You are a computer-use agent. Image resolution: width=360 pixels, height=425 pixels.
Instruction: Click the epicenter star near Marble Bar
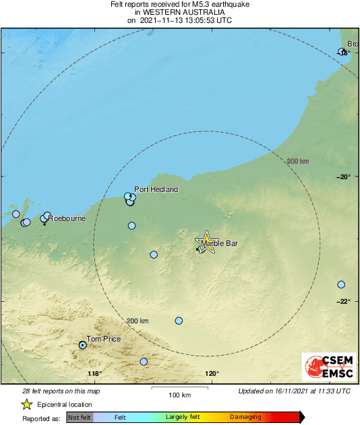pos(206,243)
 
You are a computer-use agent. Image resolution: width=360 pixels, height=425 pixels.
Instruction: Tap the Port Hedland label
pos(156,189)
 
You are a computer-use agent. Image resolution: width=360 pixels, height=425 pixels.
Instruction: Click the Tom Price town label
pos(103,339)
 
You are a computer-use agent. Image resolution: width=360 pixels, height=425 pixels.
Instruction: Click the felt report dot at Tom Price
pos(83,345)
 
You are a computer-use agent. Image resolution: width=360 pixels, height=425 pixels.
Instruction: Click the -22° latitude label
pos(344,301)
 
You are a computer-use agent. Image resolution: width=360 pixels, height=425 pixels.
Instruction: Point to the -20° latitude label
pos(344,176)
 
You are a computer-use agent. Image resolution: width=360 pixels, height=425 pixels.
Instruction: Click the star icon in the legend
pos(26,405)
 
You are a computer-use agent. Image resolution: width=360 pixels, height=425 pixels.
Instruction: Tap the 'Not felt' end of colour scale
pos(80,418)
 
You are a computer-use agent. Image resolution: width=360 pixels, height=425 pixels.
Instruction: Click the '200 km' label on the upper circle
pos(297,161)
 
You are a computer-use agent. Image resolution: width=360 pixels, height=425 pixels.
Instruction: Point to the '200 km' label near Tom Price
pos(137,321)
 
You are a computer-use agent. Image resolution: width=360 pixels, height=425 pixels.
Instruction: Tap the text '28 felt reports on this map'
pos(61,391)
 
